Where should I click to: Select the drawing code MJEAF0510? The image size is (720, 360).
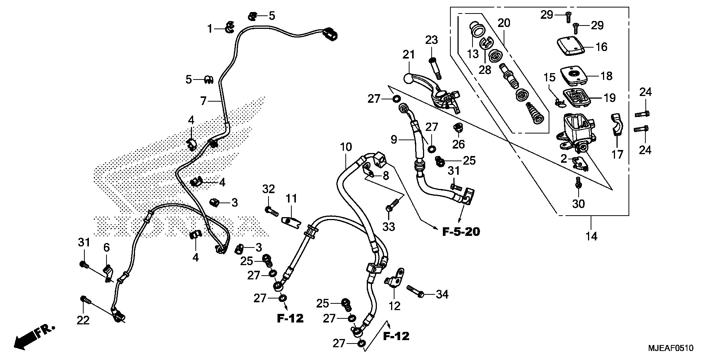671,348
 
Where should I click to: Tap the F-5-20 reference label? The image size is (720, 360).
461,232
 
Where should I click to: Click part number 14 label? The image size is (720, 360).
591,236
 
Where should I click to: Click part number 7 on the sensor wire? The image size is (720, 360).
204,90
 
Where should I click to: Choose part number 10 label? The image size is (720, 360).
346,147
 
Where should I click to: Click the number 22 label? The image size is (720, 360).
83,320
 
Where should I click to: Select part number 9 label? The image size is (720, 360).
393,140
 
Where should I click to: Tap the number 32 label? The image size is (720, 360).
268,189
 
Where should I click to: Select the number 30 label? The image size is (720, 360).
579,204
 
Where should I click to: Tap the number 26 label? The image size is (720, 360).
458,144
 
